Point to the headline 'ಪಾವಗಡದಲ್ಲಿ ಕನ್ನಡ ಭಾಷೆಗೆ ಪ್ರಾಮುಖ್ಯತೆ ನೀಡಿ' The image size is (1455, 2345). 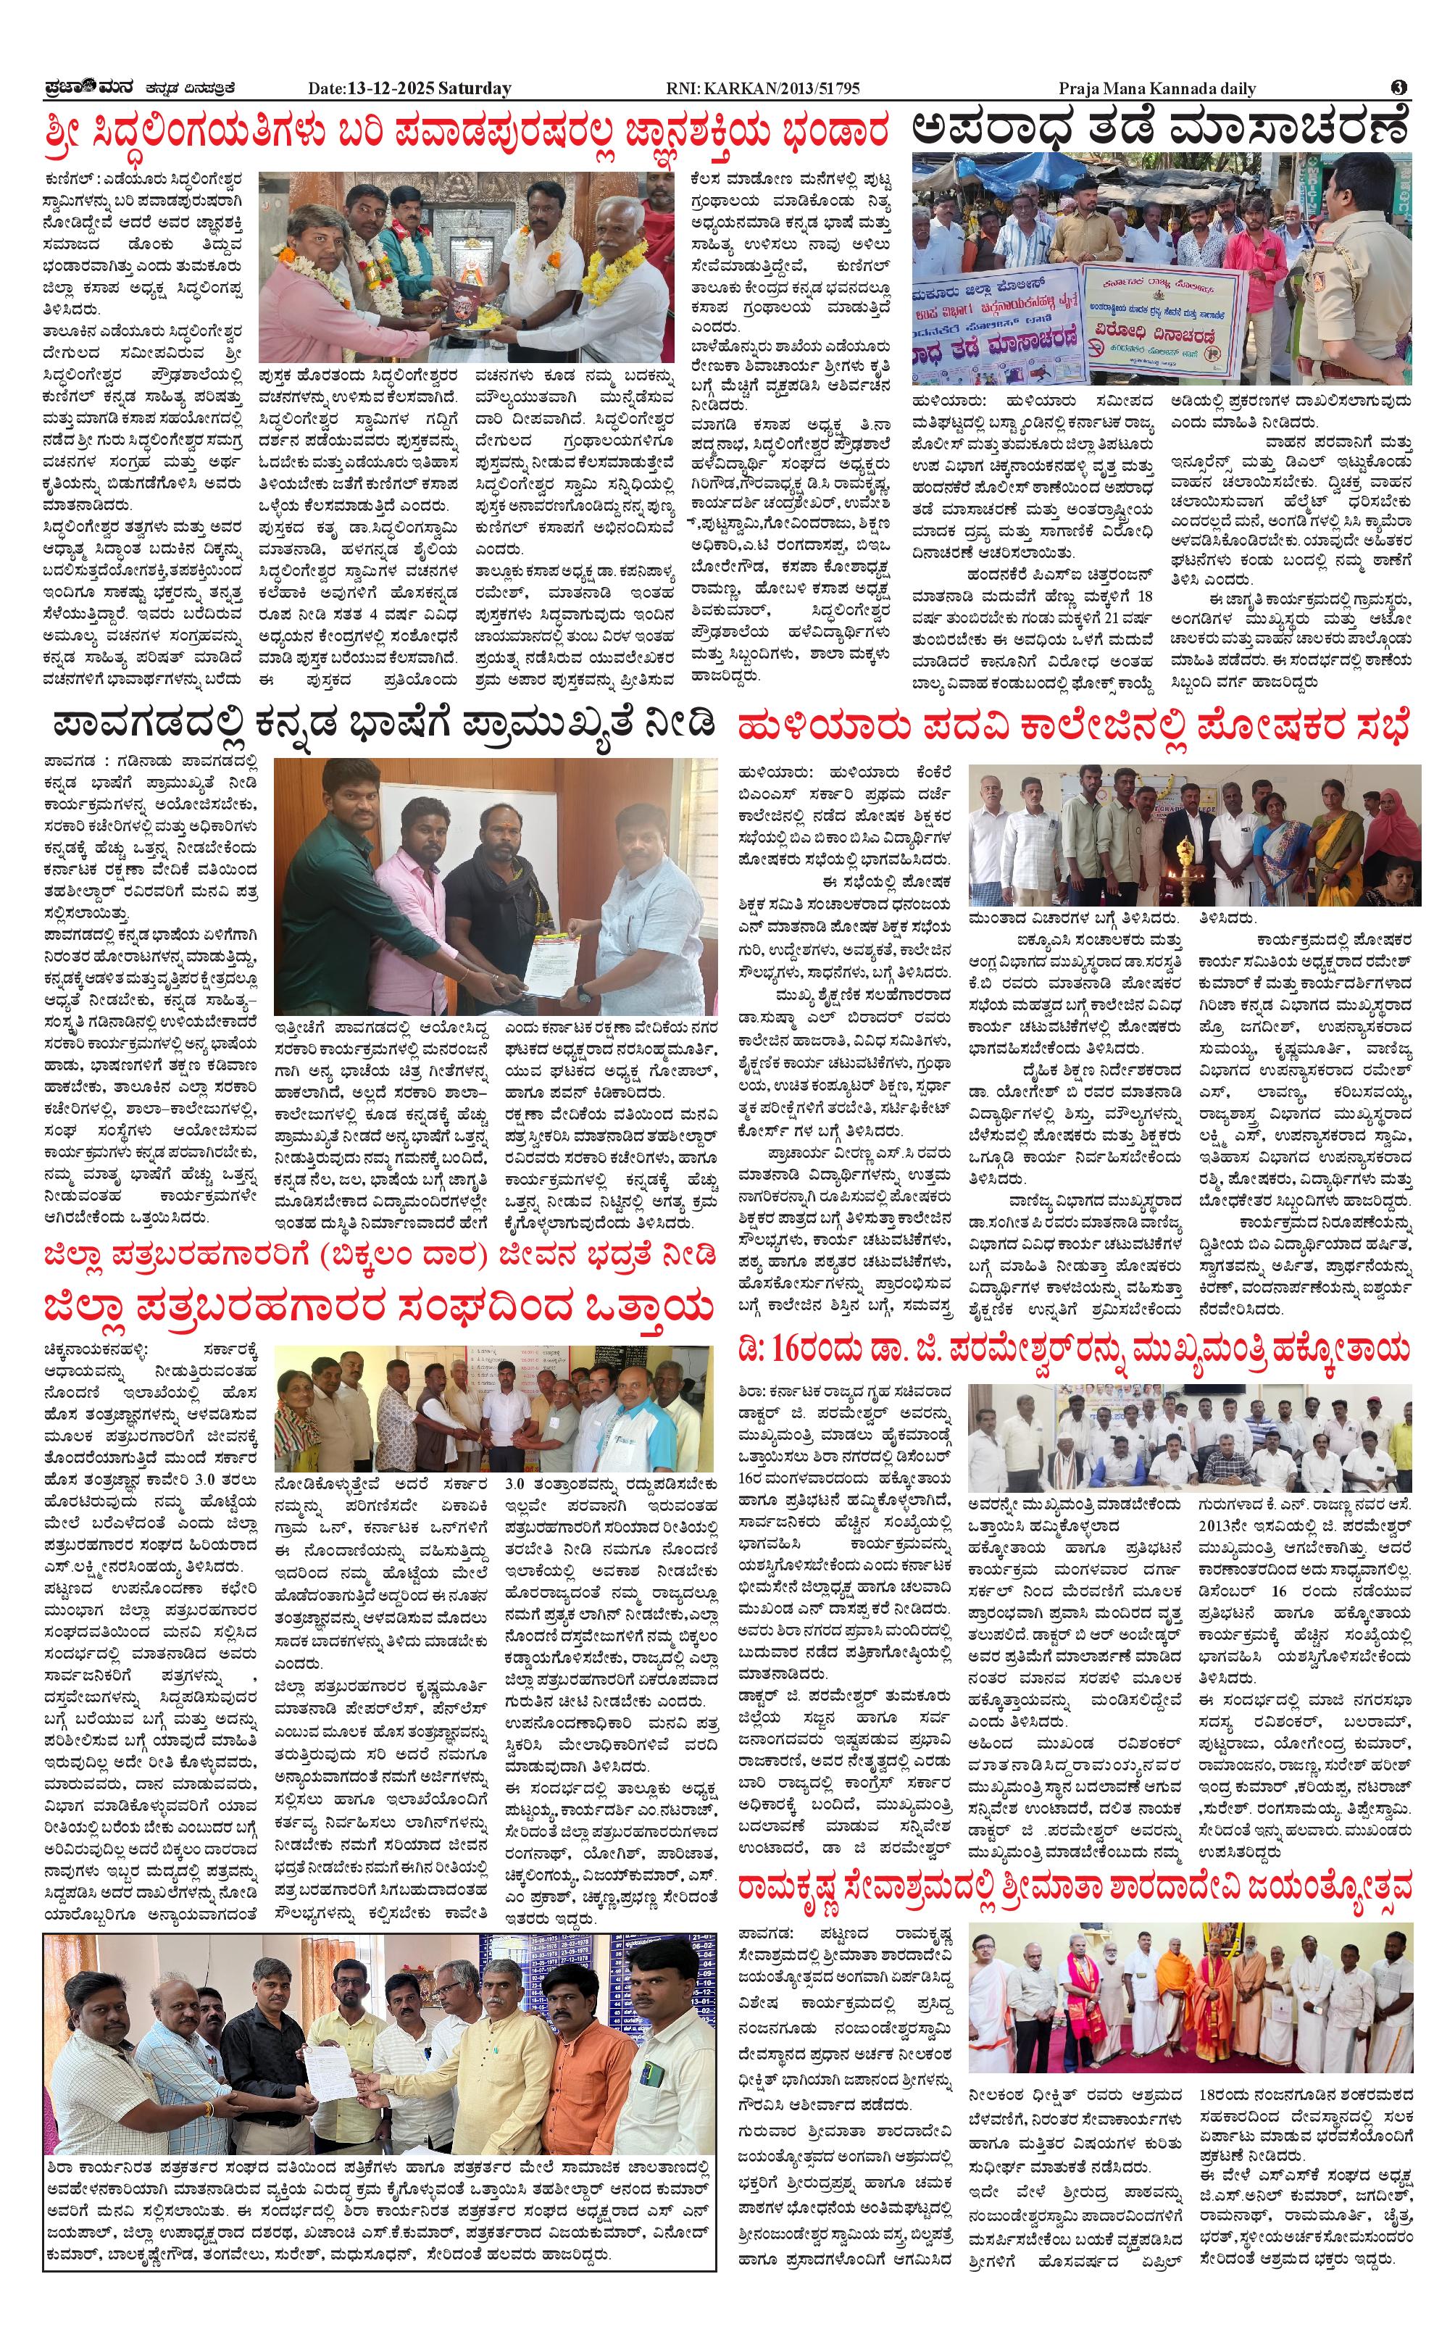pyautogui.click(x=385, y=722)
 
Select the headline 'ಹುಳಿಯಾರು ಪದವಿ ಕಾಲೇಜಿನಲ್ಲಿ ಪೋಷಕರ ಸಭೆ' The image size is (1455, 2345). pyautogui.click(x=1073, y=727)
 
